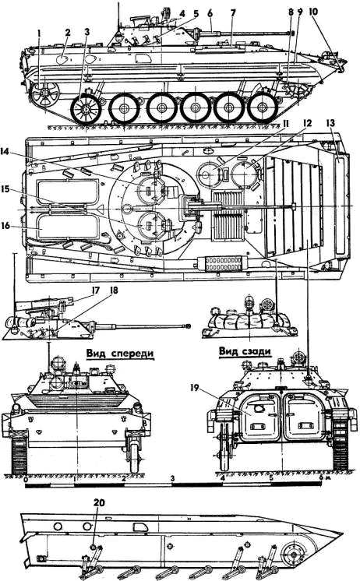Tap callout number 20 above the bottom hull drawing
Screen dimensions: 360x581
[x=99, y=503]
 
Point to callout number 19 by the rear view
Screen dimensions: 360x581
[x=195, y=388]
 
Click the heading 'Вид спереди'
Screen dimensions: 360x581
[x=119, y=353]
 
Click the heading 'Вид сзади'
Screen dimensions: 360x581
[x=244, y=350]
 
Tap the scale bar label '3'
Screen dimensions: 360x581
[x=172, y=478]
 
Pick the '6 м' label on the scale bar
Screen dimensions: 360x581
[x=323, y=478]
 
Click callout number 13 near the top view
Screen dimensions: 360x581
[x=331, y=123]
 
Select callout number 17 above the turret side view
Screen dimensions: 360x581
[x=95, y=290]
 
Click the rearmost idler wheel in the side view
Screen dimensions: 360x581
[x=44, y=93]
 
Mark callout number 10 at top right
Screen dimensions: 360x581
[x=313, y=12]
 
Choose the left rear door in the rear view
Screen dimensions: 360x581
[x=260, y=417]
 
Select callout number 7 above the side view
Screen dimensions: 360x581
[x=233, y=13]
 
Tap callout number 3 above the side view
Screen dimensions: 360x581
[x=87, y=31]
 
